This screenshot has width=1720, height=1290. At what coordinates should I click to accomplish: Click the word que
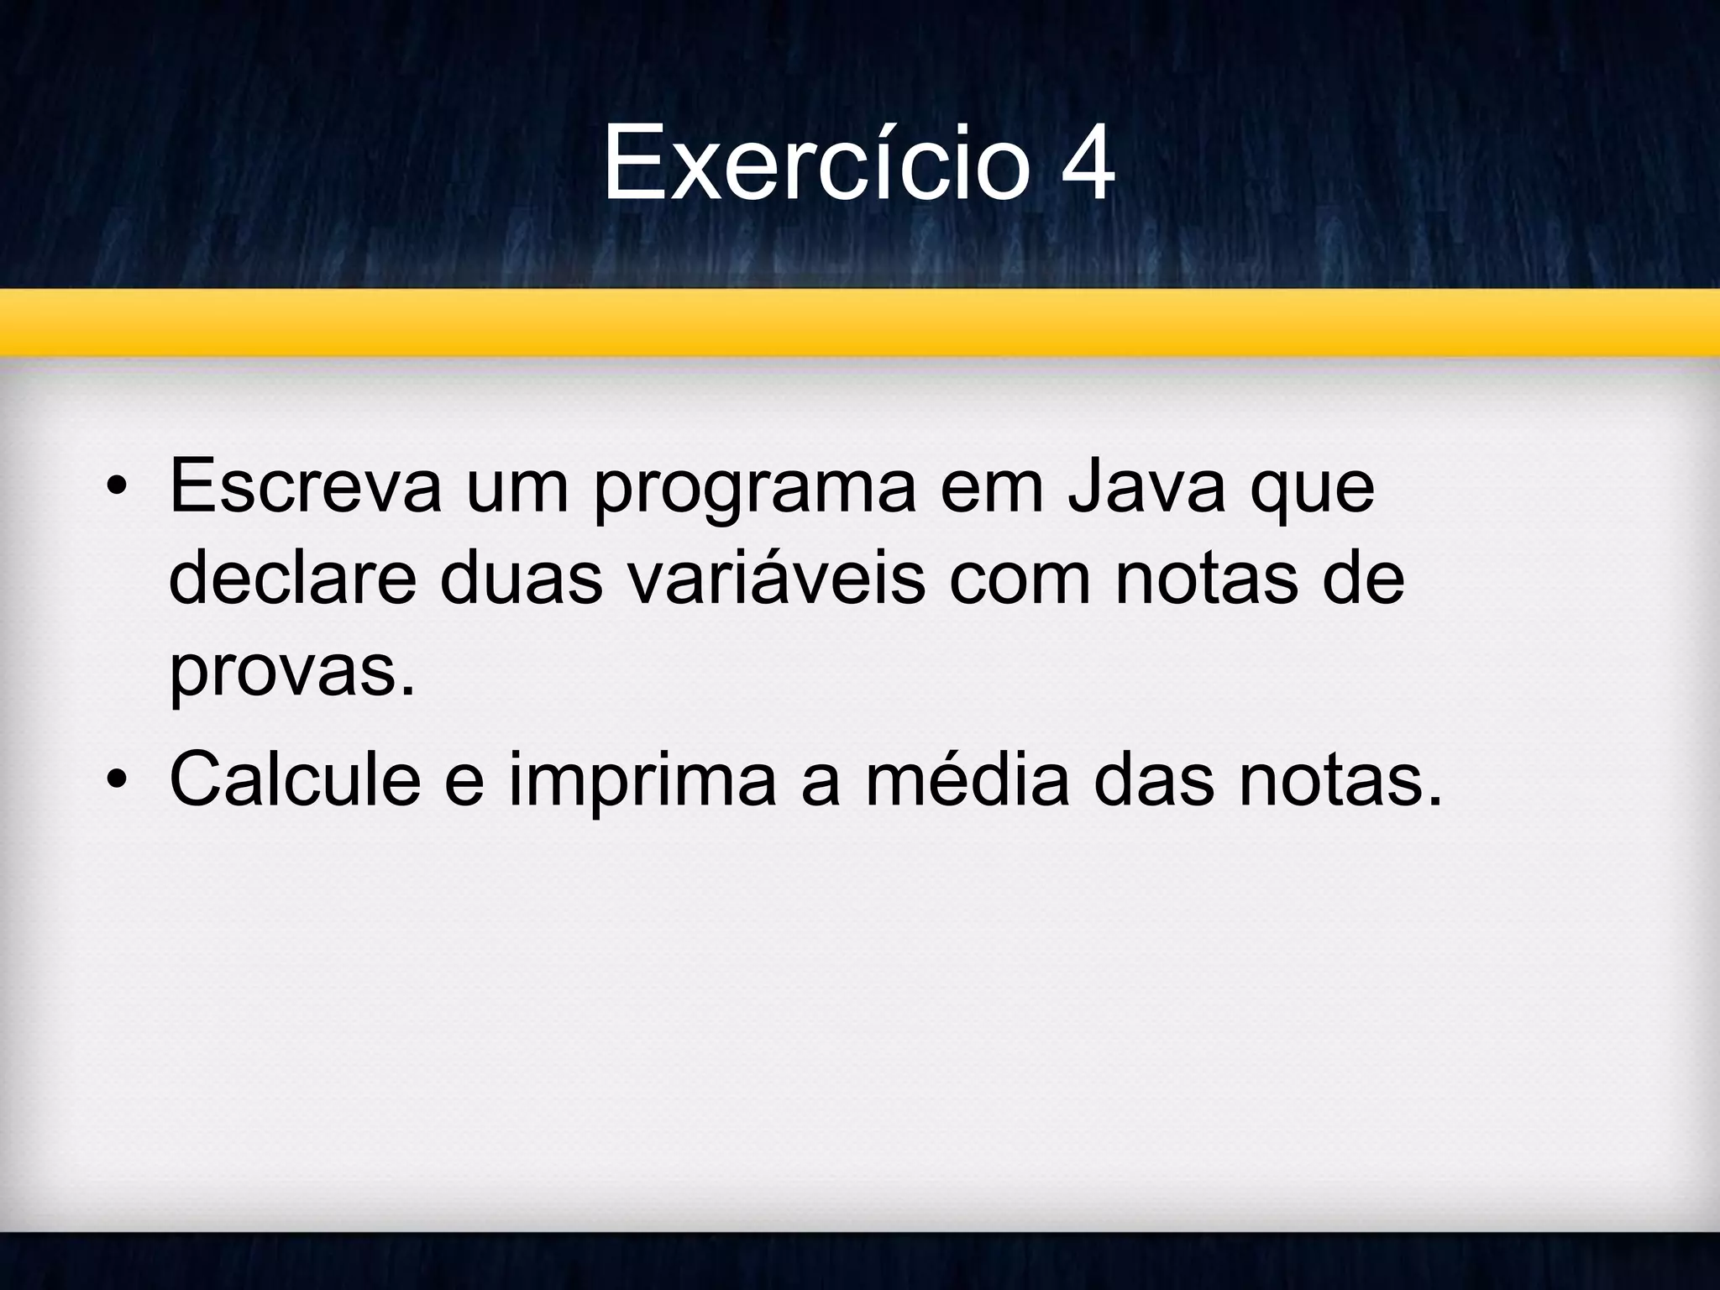tap(1313, 490)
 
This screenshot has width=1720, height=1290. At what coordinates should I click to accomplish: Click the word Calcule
tap(295, 779)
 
